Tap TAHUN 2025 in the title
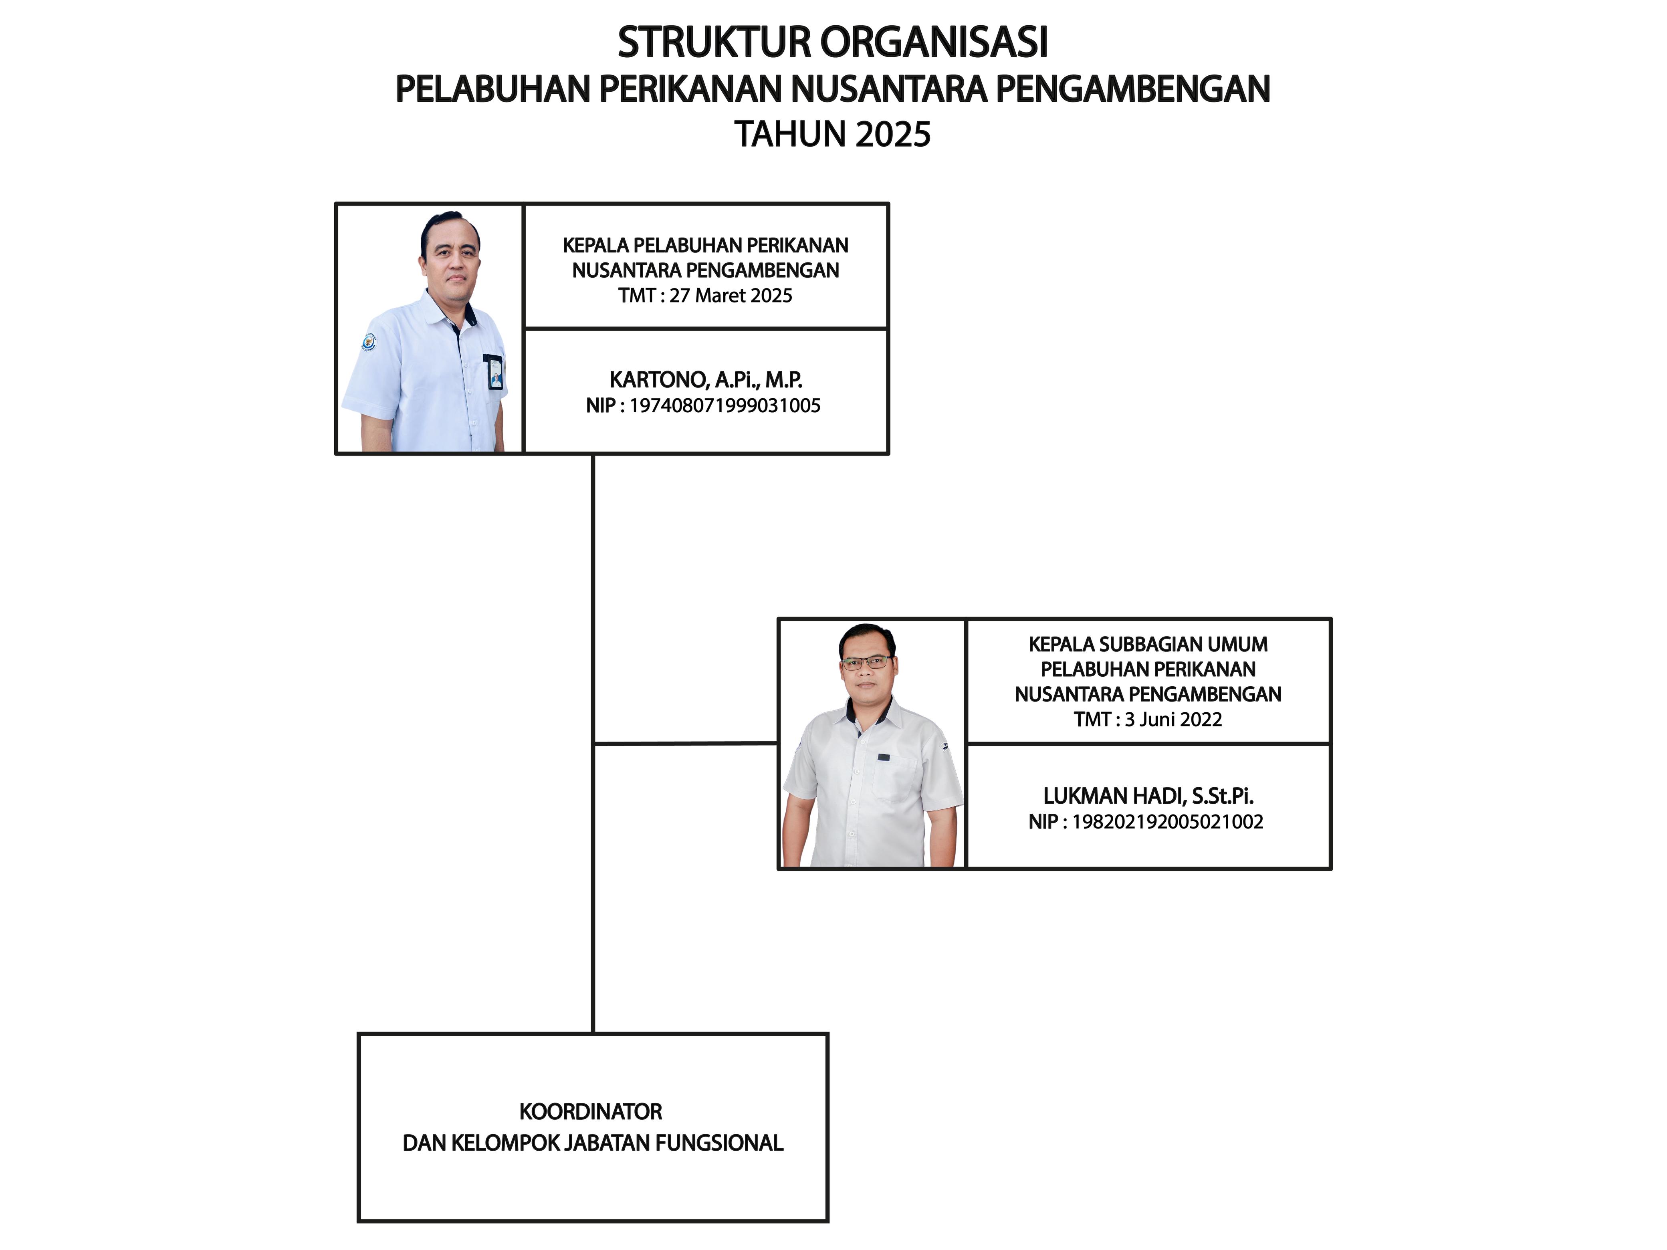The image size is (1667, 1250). point(833,134)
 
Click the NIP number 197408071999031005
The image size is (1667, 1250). point(724,405)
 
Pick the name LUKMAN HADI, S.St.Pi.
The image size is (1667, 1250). point(1148,796)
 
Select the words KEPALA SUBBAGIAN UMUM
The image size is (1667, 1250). point(1148,644)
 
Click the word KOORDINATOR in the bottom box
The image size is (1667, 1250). point(591,1111)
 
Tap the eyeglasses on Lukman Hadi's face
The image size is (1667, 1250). point(867,663)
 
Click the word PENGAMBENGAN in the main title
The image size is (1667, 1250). point(1133,89)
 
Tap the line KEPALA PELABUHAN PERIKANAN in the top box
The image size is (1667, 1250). point(705,246)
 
